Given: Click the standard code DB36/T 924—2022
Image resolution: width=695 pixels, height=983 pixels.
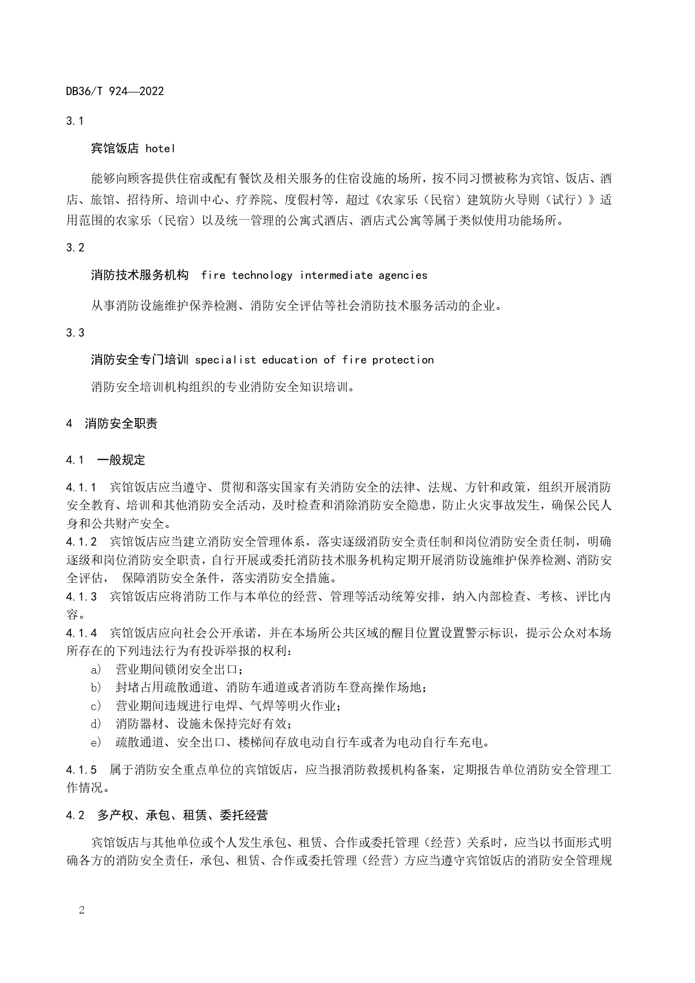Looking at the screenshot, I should click(115, 91).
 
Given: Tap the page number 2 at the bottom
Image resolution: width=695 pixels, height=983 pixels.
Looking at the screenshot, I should click(82, 910).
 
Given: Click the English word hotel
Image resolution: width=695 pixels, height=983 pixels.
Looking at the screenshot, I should click(160, 149).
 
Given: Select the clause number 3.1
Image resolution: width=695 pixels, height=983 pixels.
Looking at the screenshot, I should click(75, 121).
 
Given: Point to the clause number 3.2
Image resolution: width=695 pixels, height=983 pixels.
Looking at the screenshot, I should click(75, 248).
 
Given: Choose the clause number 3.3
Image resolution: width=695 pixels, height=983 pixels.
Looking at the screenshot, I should click(75, 333).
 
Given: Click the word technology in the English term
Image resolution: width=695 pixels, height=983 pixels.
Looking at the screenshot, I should click(262, 275).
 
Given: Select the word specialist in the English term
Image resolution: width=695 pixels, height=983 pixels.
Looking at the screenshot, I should click(225, 360).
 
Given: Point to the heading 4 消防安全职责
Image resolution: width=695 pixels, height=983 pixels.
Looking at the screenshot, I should click(112, 424).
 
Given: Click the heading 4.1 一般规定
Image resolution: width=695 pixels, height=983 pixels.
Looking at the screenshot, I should click(105, 460).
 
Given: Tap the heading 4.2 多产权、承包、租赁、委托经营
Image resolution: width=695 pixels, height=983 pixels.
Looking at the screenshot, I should click(166, 815).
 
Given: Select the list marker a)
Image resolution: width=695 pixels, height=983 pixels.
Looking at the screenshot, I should click(96, 669).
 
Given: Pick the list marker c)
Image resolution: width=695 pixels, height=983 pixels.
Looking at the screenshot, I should click(96, 706).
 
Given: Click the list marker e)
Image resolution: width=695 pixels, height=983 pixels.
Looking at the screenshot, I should click(96, 743).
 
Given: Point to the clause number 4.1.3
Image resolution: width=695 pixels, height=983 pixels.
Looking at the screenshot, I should click(81, 596).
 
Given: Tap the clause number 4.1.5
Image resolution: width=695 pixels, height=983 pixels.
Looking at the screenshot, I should click(81, 770).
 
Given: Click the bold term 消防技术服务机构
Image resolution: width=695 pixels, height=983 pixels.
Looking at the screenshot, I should click(139, 275).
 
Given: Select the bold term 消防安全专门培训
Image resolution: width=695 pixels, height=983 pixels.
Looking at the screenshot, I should click(139, 360).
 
